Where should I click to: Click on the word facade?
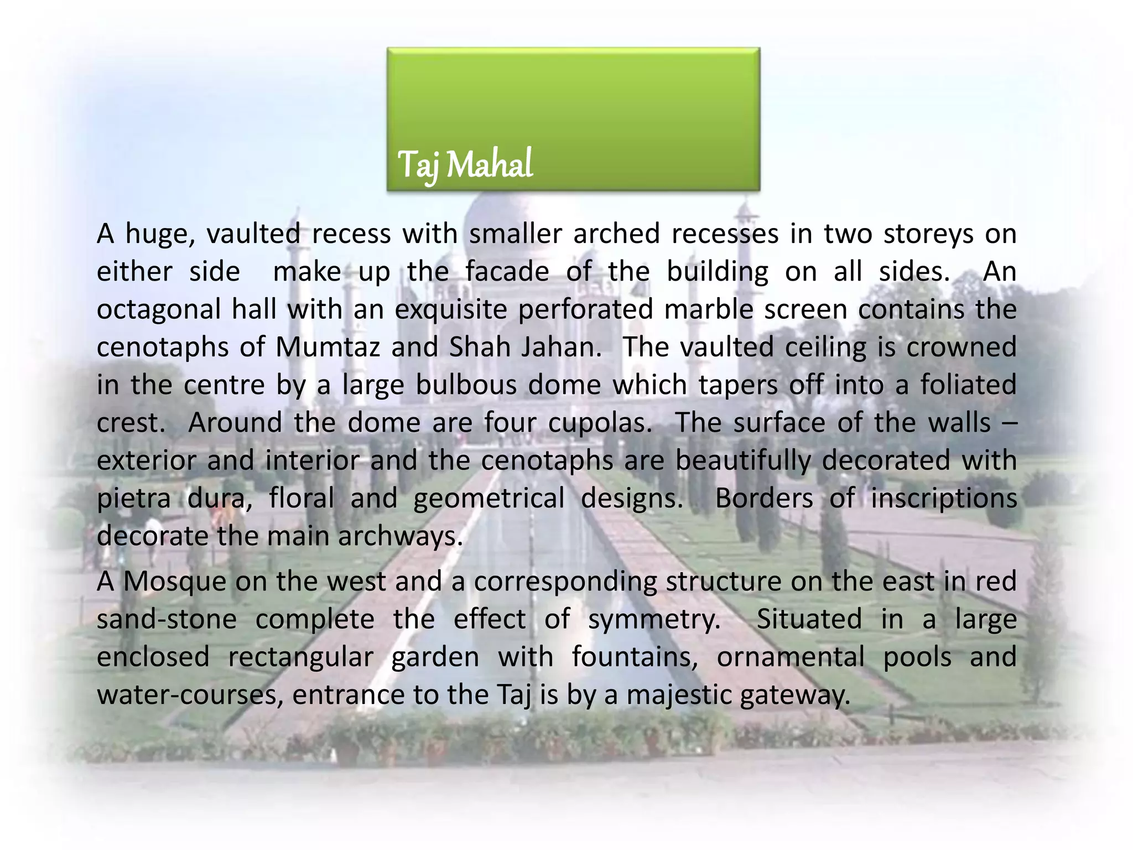click(x=507, y=272)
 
